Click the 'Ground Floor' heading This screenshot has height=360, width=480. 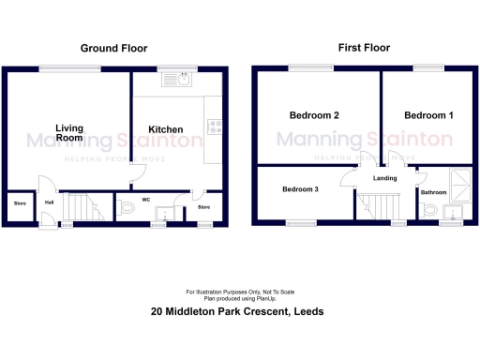(x=113, y=48)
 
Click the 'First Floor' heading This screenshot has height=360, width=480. (x=365, y=48)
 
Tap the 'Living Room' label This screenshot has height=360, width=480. (x=68, y=132)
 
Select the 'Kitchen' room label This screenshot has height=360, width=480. (x=167, y=129)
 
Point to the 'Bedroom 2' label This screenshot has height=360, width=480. (x=313, y=115)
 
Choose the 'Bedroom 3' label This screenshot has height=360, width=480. (x=301, y=189)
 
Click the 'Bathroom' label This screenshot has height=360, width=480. (x=433, y=192)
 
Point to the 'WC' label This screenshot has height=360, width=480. (x=146, y=199)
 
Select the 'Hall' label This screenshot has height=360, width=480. (x=48, y=201)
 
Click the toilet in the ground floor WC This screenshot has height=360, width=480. (x=128, y=209)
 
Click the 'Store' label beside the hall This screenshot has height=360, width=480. (x=19, y=203)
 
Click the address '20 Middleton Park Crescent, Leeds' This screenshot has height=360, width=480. (x=239, y=312)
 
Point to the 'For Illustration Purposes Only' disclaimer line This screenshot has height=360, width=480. (x=239, y=290)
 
